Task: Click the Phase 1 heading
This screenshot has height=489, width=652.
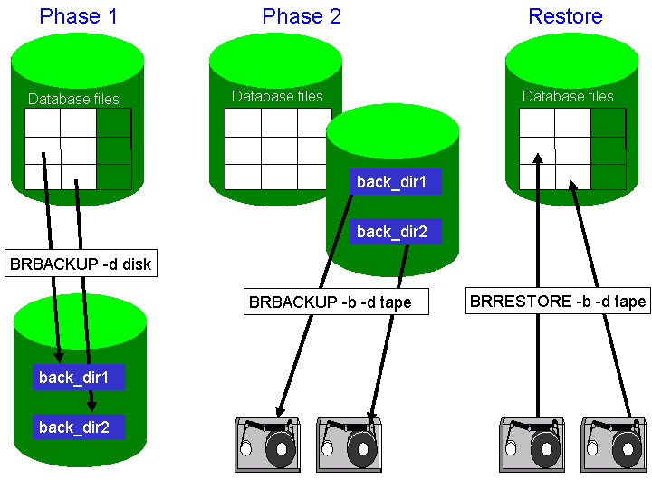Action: (78, 16)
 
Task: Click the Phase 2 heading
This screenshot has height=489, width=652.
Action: (301, 16)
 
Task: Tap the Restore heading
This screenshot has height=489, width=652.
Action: (565, 16)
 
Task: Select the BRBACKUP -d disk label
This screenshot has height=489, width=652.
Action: (81, 265)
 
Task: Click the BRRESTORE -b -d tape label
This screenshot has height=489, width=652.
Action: (558, 302)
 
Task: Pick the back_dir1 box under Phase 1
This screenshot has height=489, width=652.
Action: (78, 378)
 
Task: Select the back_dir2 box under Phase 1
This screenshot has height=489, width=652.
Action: (78, 427)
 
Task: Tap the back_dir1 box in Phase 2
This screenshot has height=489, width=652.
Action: (395, 182)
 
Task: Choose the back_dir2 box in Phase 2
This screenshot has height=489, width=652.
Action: (395, 232)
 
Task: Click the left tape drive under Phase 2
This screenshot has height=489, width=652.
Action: (267, 445)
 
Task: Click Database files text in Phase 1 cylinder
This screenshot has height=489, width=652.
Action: (73, 100)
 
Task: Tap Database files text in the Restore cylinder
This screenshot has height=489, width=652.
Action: (568, 97)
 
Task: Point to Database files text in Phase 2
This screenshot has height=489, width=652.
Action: (277, 97)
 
